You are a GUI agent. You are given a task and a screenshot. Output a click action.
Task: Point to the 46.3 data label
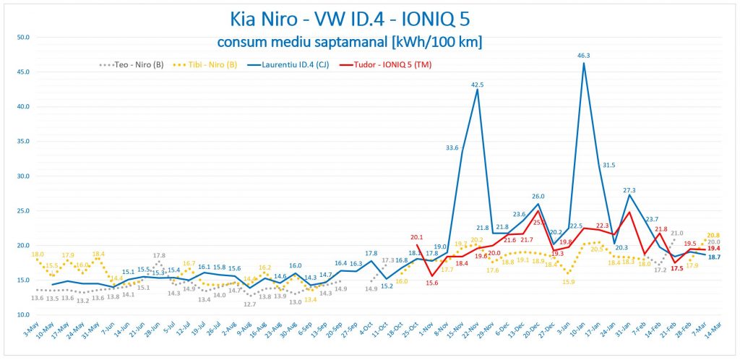584,55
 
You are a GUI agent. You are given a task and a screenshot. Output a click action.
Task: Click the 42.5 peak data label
478,84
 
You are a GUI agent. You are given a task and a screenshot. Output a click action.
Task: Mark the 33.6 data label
452,148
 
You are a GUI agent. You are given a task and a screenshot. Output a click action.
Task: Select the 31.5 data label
609,165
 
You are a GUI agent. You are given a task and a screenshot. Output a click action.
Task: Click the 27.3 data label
629,190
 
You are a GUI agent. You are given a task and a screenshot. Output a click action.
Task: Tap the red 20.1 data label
416,237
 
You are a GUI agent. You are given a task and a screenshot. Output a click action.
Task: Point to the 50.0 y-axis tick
23,37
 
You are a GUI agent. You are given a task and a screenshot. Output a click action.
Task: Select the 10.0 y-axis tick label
23,315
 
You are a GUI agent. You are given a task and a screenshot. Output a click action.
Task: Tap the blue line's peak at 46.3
584,63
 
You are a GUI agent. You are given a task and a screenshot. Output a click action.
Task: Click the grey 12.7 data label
250,304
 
